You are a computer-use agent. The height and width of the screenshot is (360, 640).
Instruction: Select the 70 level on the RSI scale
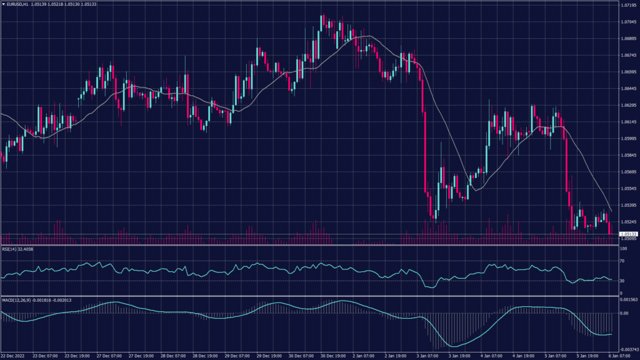(622, 261)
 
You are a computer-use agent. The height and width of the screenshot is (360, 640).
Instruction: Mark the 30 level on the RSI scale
(622, 281)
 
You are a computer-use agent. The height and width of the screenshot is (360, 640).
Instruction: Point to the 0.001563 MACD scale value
(626, 299)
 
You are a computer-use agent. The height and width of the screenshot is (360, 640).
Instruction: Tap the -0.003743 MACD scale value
(627, 350)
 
